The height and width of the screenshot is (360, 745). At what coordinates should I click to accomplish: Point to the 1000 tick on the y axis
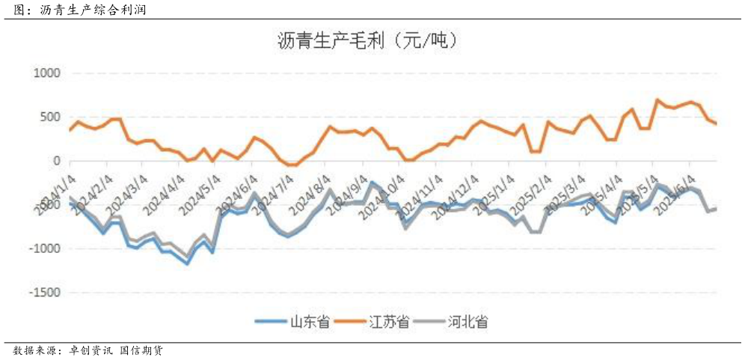[46, 73]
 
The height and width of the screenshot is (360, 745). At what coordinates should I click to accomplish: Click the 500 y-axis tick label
[50, 118]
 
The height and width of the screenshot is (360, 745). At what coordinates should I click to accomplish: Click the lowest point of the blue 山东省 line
[187, 263]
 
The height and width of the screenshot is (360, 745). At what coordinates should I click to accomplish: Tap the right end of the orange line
[716, 123]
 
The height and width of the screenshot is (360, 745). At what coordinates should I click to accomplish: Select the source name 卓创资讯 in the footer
[91, 350]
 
